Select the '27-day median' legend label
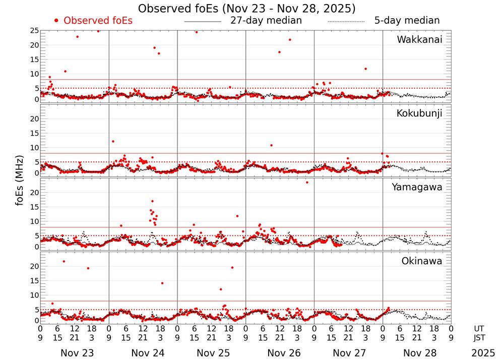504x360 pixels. coord(266,21)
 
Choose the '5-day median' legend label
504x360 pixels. coord(407,21)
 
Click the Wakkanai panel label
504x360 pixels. coord(419,40)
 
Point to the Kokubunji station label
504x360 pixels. coord(419,113)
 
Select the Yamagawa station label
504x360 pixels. coord(417,187)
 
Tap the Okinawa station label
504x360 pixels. coord(422,261)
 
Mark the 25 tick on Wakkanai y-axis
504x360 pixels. coord(35,31)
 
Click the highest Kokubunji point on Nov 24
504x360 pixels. coord(113,141)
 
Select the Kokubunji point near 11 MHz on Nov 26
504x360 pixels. coord(271,145)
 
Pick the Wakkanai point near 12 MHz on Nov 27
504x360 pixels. coord(365,69)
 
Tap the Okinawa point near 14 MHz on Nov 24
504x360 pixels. coord(162,283)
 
